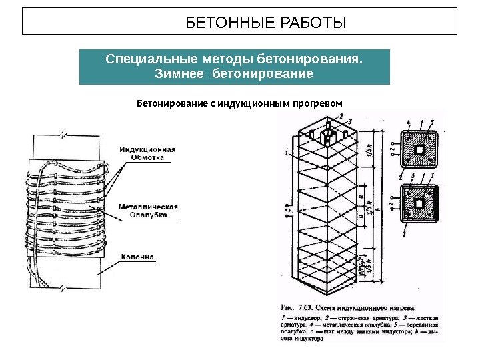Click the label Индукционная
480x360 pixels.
tap(147, 149)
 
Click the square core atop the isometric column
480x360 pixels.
tap(329, 137)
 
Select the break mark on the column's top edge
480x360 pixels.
tap(62, 135)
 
